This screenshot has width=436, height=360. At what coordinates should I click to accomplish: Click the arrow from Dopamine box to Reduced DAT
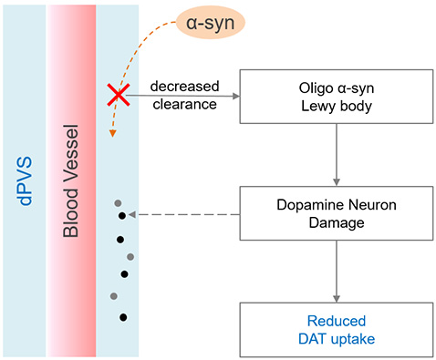(x=337, y=273)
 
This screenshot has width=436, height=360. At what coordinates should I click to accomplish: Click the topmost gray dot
(x=116, y=202)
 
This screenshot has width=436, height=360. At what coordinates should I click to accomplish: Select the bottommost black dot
(x=122, y=317)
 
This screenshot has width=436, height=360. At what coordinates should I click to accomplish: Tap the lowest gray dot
(x=114, y=295)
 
